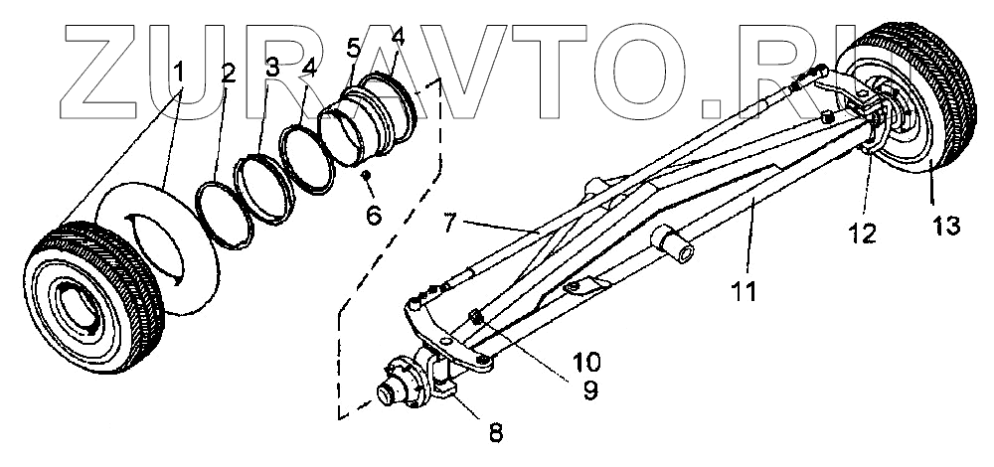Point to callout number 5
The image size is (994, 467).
[x=351, y=48]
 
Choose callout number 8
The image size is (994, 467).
[x=495, y=433]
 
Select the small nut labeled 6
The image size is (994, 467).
[x=367, y=175]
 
